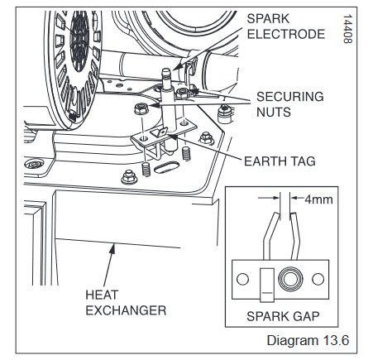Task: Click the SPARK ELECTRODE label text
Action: click(286, 26)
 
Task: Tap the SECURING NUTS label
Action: click(290, 104)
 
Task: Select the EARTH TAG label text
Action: click(280, 161)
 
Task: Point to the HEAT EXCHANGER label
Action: click(126, 303)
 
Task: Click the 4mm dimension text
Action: click(318, 199)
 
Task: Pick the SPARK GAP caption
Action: click(283, 316)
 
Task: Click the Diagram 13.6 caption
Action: click(308, 340)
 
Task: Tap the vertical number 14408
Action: click(347, 29)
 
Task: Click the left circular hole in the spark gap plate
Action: click(242, 279)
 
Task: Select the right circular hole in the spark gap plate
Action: click(318, 279)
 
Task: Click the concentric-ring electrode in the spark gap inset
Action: click(290, 279)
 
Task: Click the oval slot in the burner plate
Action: click(166, 167)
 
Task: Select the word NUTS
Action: click(274, 113)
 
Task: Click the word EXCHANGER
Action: click(126, 310)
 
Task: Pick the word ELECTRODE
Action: click(286, 34)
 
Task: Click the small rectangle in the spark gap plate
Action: click(267, 285)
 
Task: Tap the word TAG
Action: click(304, 161)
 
